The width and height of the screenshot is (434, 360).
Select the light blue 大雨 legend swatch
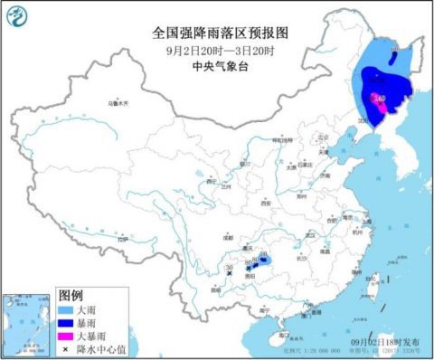click(x=67, y=308)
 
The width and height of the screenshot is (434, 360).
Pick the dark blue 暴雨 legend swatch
click(x=67, y=321)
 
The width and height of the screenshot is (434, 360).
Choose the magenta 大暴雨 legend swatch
click(x=67, y=334)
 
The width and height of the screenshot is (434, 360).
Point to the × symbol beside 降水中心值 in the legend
click(x=67, y=346)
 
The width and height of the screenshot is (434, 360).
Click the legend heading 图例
click(x=71, y=295)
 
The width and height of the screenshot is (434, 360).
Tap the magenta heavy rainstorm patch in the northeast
click(x=383, y=110)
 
